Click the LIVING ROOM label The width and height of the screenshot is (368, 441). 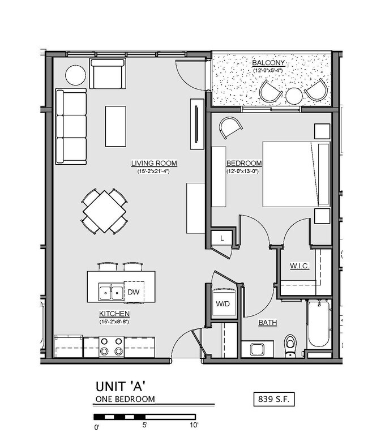pyautogui.click(x=154, y=164)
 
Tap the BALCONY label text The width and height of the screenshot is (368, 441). pyautogui.click(x=268, y=63)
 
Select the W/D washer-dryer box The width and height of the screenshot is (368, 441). pyautogui.click(x=222, y=304)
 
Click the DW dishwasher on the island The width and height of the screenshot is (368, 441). pyautogui.click(x=134, y=292)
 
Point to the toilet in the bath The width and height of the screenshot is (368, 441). pyautogui.click(x=290, y=345)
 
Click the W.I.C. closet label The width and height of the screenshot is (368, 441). pyautogui.click(x=299, y=266)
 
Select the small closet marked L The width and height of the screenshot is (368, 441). pyautogui.click(x=222, y=238)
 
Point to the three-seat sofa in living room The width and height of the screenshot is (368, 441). pyautogui.click(x=71, y=126)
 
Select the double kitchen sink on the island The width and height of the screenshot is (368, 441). pyautogui.click(x=110, y=292)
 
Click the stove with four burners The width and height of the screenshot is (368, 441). pyautogui.click(x=112, y=346)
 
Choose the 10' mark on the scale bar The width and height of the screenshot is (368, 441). pyautogui.click(x=194, y=425)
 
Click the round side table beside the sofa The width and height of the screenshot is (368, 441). pyautogui.click(x=75, y=75)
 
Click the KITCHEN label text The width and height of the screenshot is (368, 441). pyautogui.click(x=115, y=314)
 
